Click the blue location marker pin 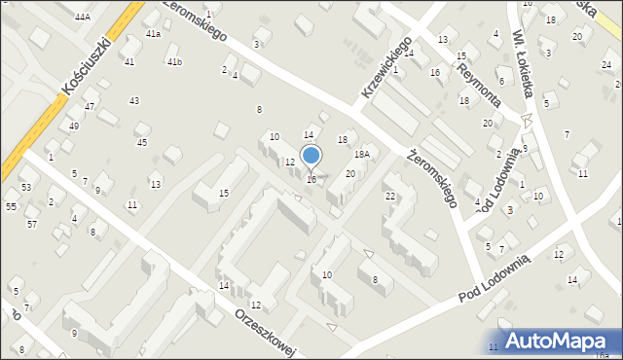point(311,156)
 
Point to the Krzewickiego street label point(384,66)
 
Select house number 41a point(153,34)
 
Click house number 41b point(174,62)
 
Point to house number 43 point(134,101)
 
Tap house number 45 point(142,143)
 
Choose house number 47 point(90,106)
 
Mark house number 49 point(74,126)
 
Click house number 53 point(26,187)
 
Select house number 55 point(11,207)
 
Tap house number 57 point(32,225)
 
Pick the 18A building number point(362,155)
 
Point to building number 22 point(390,197)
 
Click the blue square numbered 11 point(494,347)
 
